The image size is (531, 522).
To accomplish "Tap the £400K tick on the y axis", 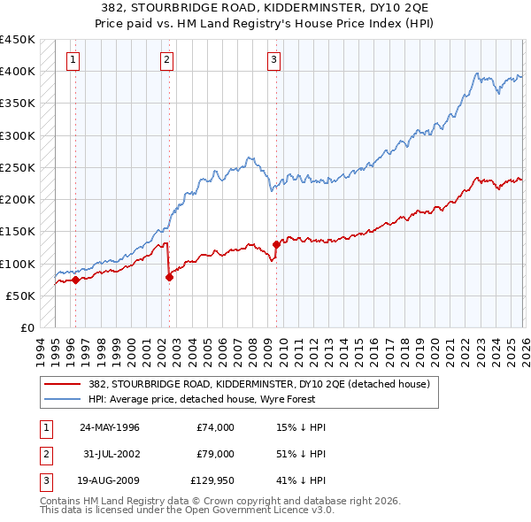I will [18, 71].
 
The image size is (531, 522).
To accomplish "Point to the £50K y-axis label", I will [21, 296].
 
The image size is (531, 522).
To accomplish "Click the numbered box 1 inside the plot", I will [72, 60].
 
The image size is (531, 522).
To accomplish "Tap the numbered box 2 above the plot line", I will [166, 60].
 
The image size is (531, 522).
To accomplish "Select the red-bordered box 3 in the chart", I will [273, 60].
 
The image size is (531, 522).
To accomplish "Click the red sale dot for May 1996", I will [75, 280].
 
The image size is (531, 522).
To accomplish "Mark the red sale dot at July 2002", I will [170, 277].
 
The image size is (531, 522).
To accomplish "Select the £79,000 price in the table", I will [215, 454].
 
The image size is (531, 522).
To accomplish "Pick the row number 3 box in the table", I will [44, 481].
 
